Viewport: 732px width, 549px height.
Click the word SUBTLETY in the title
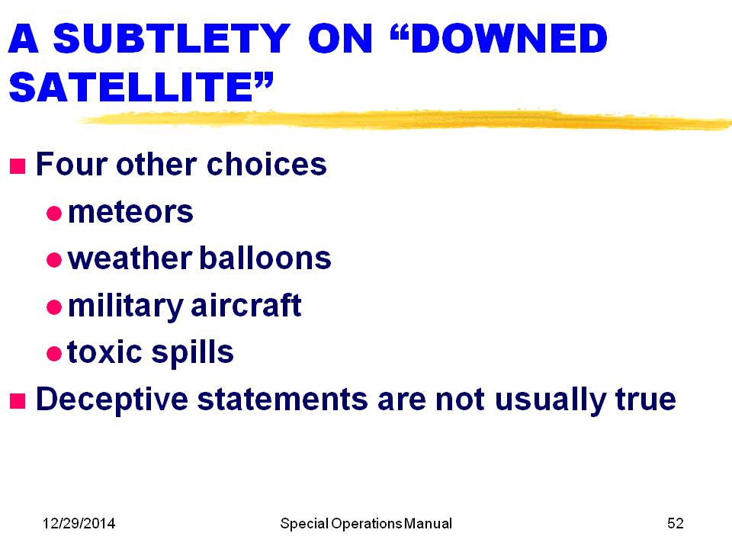coord(172,38)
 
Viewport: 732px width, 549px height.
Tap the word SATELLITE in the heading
coord(131,87)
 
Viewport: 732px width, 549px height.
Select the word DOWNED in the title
coord(510,38)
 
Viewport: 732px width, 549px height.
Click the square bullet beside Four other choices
coord(18,165)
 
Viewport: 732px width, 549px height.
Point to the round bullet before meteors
coord(54,213)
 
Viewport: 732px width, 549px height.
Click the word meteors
coord(130,212)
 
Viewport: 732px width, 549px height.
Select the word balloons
coord(265,258)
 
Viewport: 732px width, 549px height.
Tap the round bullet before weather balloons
coord(54,259)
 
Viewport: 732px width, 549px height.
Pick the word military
coord(126,307)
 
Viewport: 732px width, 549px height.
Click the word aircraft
coord(246,305)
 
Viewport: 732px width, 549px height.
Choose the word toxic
coord(104,352)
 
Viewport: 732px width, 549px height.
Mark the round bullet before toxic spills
coord(54,353)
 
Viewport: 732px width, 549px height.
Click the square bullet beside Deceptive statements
coord(18,401)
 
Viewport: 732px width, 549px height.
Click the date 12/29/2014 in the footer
coord(79,523)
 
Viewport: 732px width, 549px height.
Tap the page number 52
coord(676,523)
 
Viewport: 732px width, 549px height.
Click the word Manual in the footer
coord(428,523)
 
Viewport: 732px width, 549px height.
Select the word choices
coord(267,165)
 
